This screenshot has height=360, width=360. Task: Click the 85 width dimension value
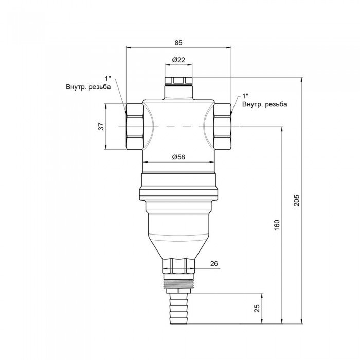click(x=178, y=43)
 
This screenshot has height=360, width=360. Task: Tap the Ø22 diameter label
click(x=178, y=60)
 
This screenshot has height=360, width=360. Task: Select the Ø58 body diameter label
click(x=178, y=157)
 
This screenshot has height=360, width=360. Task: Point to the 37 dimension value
click(x=101, y=127)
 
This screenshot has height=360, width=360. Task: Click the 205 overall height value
click(x=297, y=200)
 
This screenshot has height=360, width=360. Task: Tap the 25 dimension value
click(x=257, y=309)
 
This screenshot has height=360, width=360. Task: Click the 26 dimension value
click(x=214, y=263)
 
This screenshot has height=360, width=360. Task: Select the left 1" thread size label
click(x=108, y=79)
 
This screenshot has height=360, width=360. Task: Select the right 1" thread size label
click(x=245, y=96)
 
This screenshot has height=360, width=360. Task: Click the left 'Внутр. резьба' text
click(x=88, y=87)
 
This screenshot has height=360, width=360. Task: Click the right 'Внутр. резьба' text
click(x=265, y=104)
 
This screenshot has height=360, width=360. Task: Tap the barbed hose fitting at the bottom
click(x=178, y=309)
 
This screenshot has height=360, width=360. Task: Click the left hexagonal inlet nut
click(x=135, y=127)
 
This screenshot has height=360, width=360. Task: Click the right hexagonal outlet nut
click(x=222, y=127)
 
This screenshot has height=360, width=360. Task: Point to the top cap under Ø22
click(x=178, y=81)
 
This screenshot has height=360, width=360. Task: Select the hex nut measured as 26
click(x=178, y=266)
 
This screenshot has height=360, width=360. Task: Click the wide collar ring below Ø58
click(x=178, y=186)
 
